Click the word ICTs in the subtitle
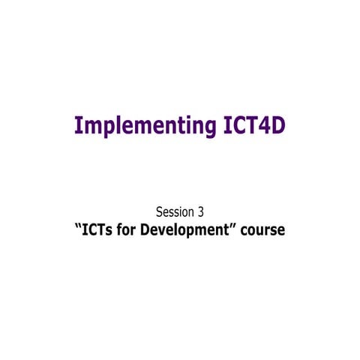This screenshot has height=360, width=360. coord(98,230)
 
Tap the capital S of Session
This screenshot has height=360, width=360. coord(158,211)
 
